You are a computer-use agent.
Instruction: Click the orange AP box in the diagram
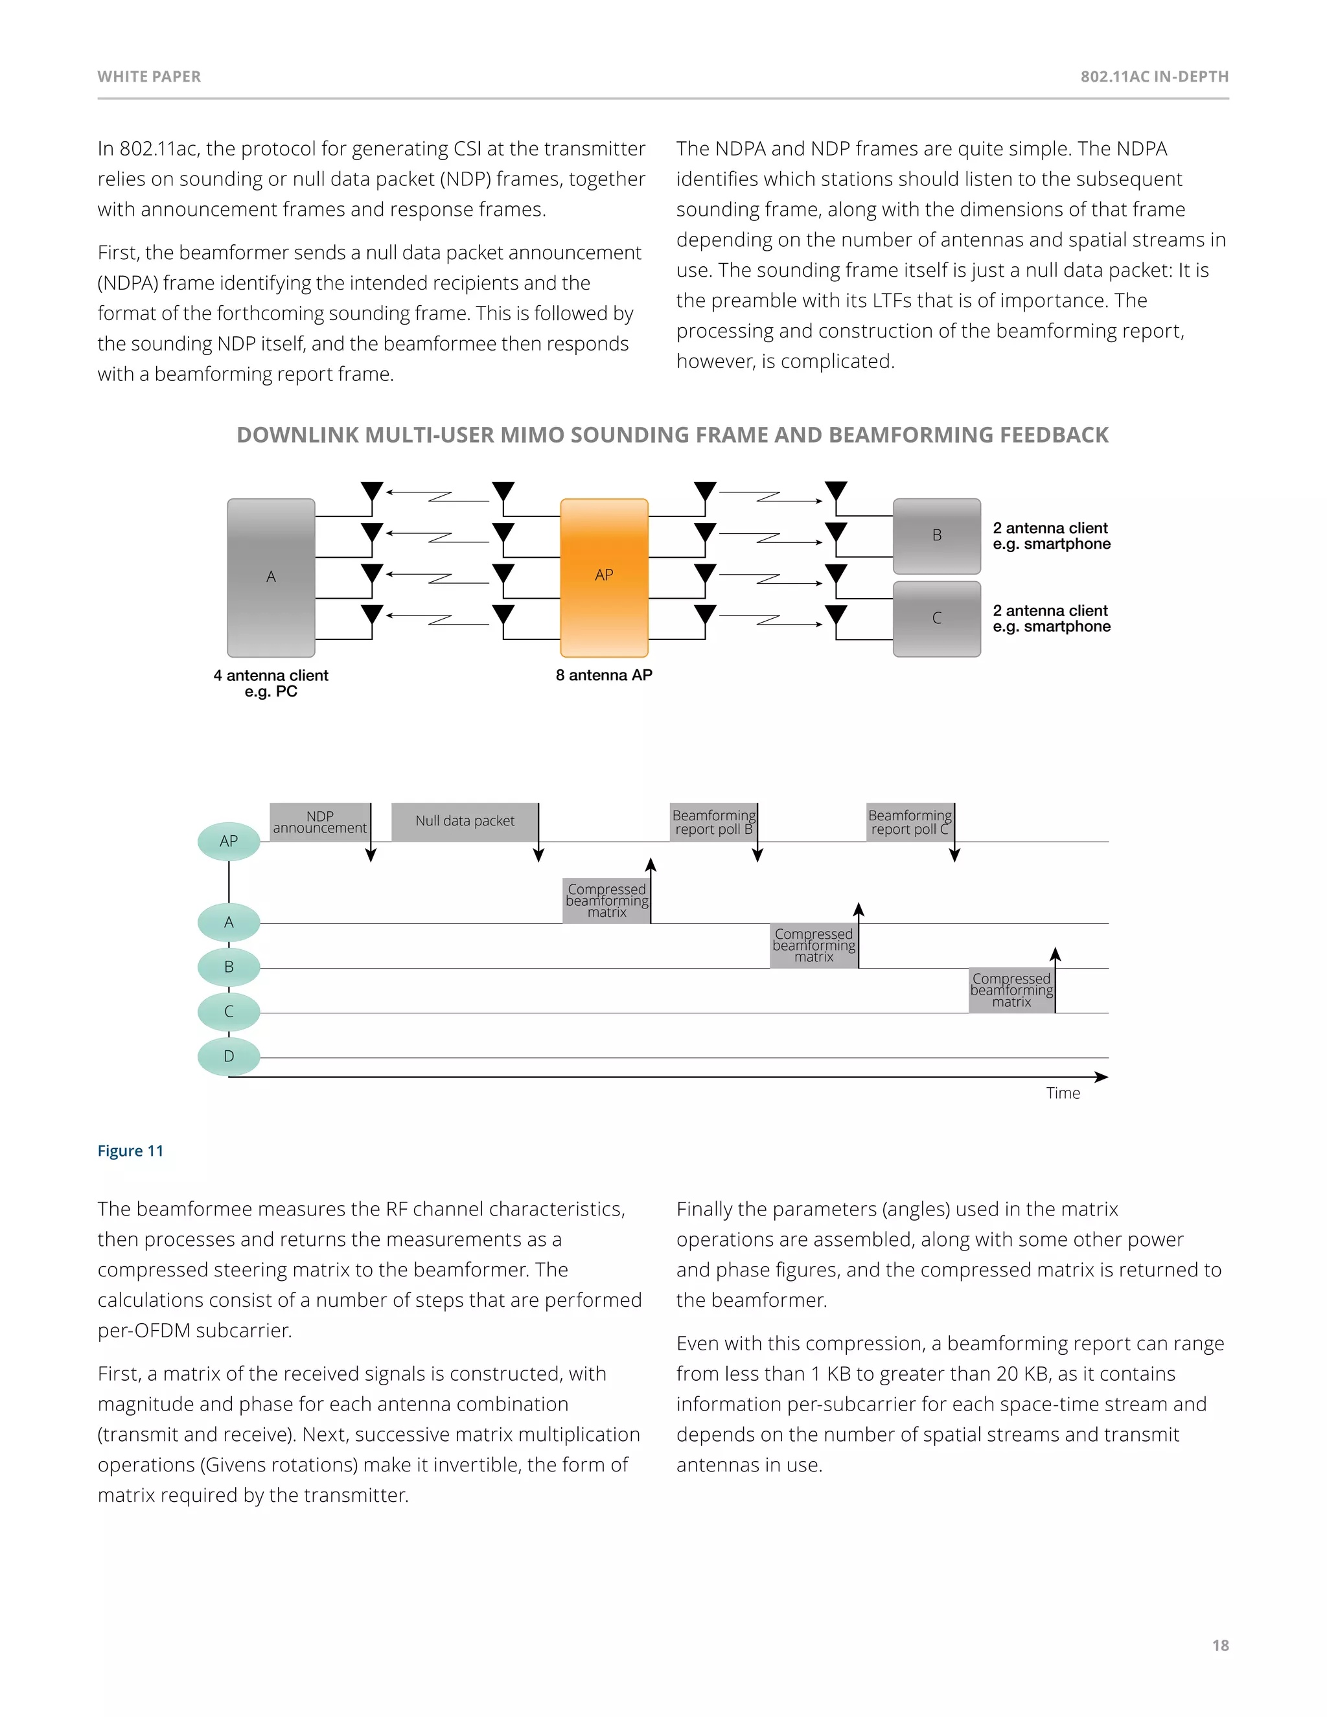coord(604,577)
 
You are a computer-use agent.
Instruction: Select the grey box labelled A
coord(271,577)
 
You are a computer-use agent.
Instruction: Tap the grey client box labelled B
coord(936,535)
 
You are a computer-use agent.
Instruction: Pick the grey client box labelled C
coord(936,619)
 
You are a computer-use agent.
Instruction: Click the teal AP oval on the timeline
coord(229,841)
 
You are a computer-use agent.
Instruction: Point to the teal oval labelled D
coord(229,1056)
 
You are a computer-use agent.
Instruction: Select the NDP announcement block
coord(319,822)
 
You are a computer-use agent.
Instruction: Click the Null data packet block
coord(465,822)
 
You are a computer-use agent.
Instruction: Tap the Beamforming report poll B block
coord(713,822)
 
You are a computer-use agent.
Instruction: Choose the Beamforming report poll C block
coord(910,822)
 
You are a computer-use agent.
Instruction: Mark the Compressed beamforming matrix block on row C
coord(1011,991)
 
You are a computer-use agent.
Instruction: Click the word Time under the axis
coord(1063,1093)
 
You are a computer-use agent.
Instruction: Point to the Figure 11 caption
coord(130,1151)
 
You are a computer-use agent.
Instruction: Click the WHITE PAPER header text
coord(150,76)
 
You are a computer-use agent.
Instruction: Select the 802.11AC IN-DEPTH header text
coord(1154,76)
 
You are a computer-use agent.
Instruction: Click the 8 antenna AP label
coord(604,675)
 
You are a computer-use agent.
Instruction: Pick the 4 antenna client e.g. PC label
coord(271,683)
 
